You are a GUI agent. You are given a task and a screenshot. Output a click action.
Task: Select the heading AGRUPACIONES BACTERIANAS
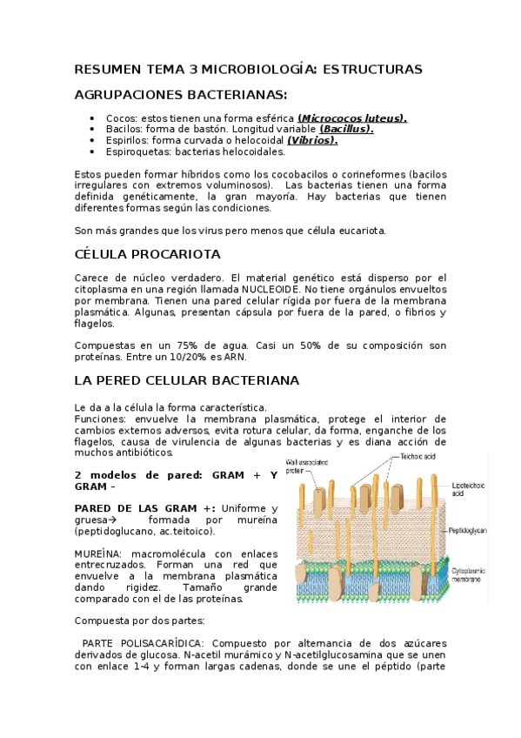pos(180,94)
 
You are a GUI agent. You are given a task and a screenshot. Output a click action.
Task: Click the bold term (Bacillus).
pos(346,129)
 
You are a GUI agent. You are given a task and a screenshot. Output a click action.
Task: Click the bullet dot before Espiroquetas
pos(92,151)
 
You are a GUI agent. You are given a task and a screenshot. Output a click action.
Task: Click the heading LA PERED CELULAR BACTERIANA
pos(186,380)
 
